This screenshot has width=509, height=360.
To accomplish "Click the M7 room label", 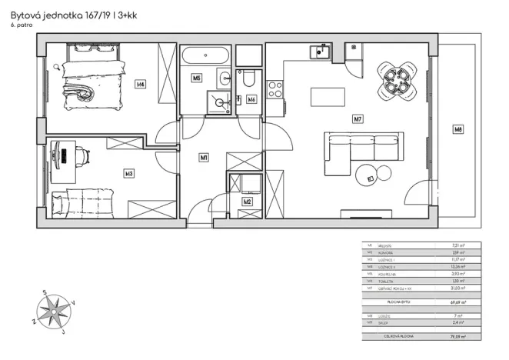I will [x=358, y=119].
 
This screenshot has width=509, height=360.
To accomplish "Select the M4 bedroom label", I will [x=140, y=85].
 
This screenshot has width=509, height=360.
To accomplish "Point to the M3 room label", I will [x=129, y=174].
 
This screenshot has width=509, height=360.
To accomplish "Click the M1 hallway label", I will [x=204, y=158].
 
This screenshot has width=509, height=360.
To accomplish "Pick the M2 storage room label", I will [x=247, y=202].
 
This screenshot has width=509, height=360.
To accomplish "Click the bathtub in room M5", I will [x=206, y=57].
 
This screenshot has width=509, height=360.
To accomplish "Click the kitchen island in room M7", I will [x=327, y=98].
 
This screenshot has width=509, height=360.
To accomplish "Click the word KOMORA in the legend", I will [x=385, y=252].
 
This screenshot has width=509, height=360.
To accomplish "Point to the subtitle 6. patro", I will [x=21, y=26].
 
